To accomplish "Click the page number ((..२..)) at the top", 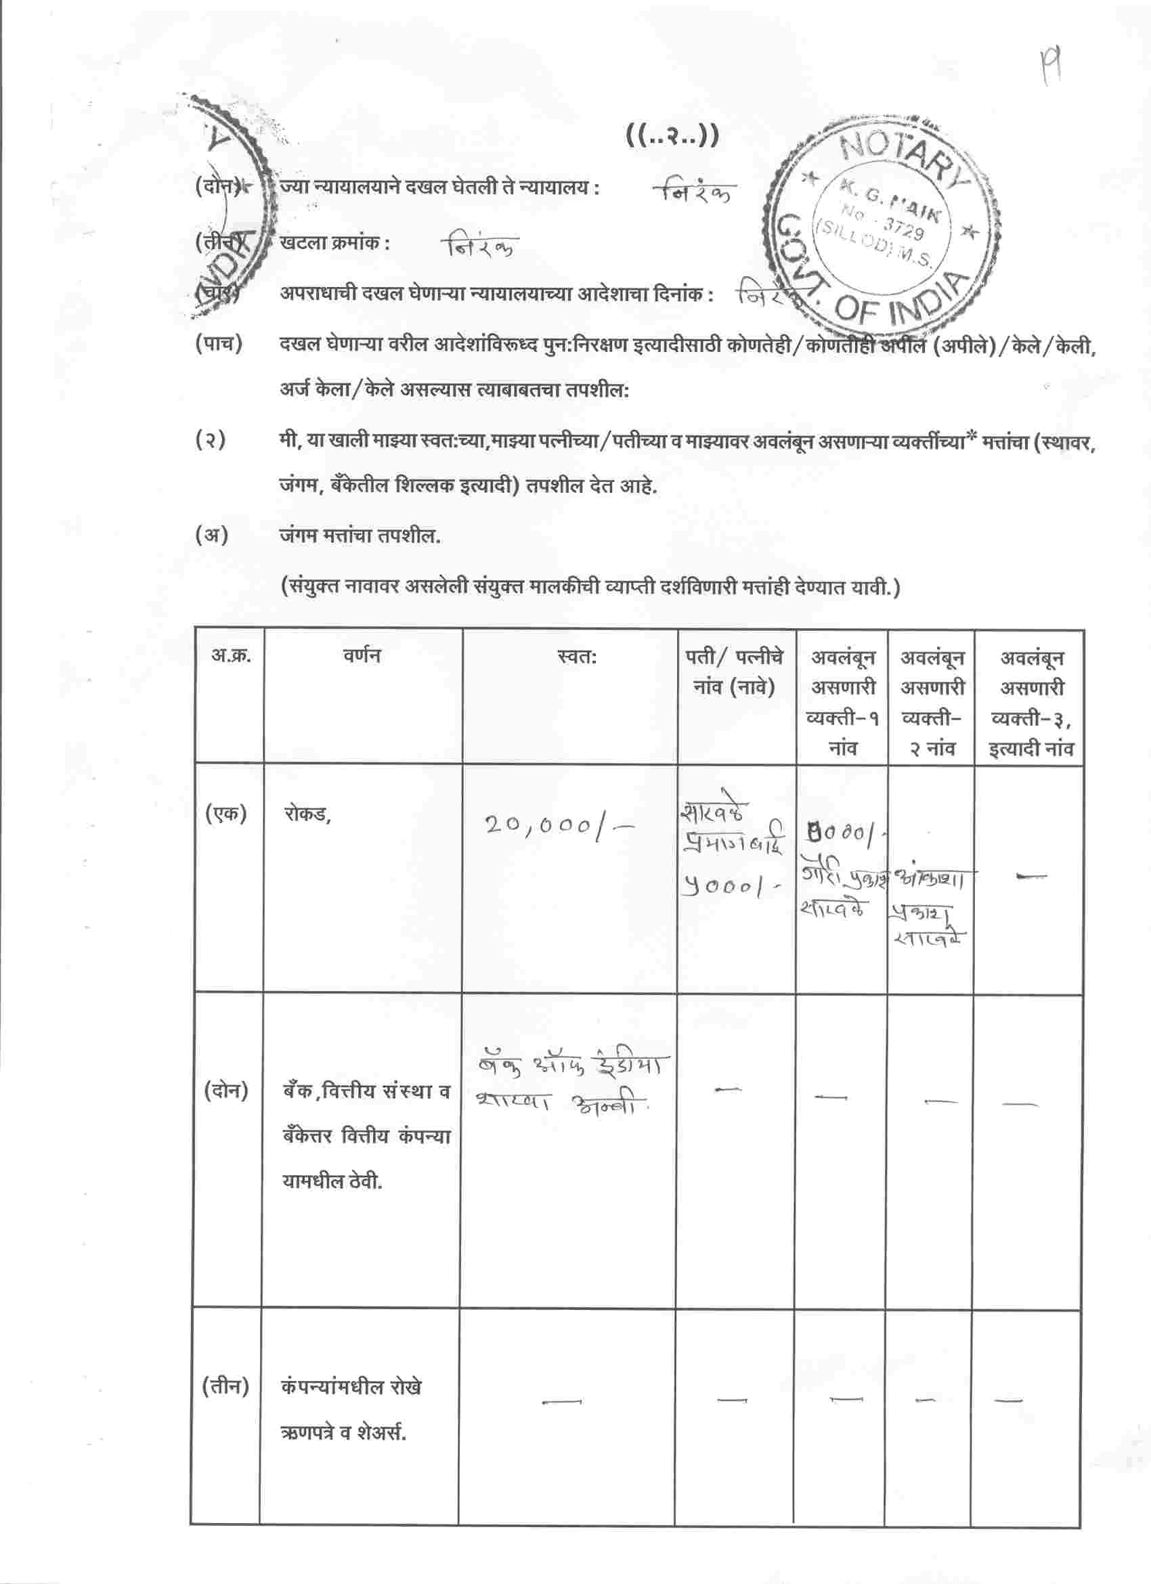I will (x=671, y=136).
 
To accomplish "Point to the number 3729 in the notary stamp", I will (x=904, y=226).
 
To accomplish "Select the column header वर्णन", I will (x=362, y=656).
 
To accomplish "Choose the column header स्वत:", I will (x=577, y=657).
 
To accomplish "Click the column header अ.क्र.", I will (x=231, y=656).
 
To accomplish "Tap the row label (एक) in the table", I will (x=225, y=814).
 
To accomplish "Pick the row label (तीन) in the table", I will (x=225, y=1386).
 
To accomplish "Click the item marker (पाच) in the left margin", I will (x=219, y=345).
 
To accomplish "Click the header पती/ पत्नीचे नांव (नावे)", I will (x=734, y=672).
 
